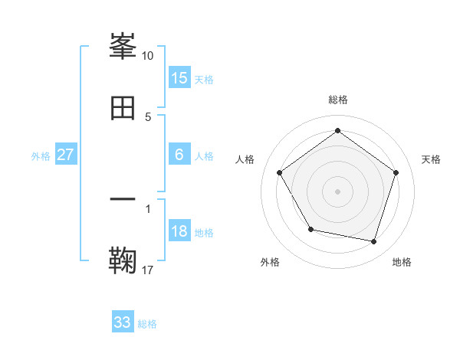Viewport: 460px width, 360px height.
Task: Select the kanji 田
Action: [x=123, y=108]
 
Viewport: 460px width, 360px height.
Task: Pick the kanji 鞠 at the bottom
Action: [x=123, y=260]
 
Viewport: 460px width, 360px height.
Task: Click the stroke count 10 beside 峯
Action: [x=147, y=56]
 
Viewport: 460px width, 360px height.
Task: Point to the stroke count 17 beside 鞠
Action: [x=147, y=269]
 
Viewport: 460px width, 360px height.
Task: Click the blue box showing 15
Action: [x=179, y=78]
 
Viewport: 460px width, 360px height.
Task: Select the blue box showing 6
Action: [x=179, y=155]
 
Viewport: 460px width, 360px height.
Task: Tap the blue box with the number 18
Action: [x=179, y=231]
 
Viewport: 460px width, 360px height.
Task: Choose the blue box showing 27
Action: [x=66, y=155]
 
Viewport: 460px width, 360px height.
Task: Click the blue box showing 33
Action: [x=123, y=322]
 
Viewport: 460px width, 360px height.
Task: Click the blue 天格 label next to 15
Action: [x=204, y=80]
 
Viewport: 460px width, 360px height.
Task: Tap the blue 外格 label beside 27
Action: [x=41, y=156]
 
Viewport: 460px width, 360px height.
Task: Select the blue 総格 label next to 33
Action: [x=147, y=324]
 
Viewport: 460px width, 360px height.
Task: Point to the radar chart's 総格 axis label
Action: [x=338, y=100]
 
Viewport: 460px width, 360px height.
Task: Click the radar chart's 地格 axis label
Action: [x=402, y=262]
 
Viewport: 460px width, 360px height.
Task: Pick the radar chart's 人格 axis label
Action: [x=245, y=159]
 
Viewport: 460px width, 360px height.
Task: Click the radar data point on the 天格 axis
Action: [x=396, y=172]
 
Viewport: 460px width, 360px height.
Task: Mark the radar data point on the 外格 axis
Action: [x=310, y=229]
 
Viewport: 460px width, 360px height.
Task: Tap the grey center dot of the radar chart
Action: [x=338, y=191]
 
